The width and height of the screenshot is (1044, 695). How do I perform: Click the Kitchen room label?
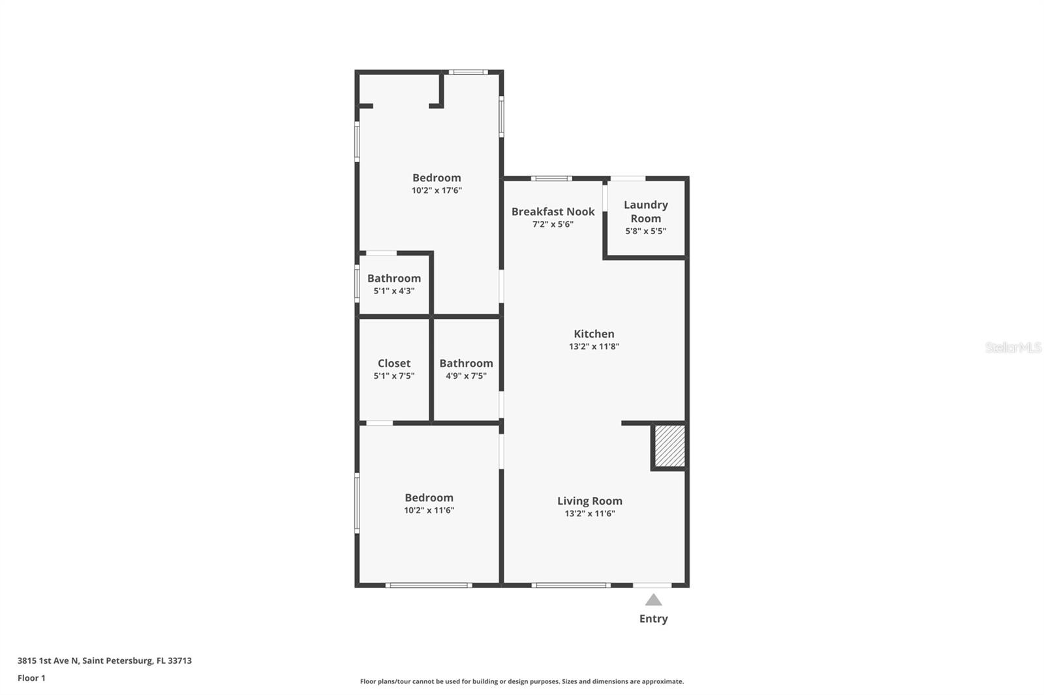click(x=594, y=334)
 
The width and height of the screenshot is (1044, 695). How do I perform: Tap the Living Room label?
click(x=589, y=501)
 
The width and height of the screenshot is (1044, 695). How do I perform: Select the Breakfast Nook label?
click(x=553, y=211)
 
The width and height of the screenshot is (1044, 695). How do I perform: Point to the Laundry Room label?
click(x=645, y=211)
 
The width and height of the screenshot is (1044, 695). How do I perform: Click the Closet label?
click(x=394, y=363)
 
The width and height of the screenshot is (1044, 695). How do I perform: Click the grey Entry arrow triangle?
click(x=653, y=600)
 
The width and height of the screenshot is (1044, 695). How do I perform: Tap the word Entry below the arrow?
click(x=653, y=619)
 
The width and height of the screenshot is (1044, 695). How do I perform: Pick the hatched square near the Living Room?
click(x=669, y=446)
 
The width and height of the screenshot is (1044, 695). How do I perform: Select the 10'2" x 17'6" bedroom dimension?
click(x=437, y=190)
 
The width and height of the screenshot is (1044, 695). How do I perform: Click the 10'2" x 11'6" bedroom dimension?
click(x=429, y=510)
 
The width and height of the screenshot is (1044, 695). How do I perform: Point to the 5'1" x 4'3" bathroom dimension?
click(x=394, y=291)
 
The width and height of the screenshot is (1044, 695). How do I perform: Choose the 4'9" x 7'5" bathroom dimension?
click(x=466, y=376)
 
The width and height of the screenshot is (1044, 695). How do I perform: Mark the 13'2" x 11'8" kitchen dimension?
click(x=594, y=346)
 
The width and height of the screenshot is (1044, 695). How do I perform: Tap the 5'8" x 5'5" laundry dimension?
click(x=645, y=231)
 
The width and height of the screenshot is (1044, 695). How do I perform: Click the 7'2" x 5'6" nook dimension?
click(x=553, y=224)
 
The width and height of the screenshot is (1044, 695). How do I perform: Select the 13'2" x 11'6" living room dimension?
click(x=589, y=513)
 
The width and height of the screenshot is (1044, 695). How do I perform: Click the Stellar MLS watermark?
click(x=1013, y=347)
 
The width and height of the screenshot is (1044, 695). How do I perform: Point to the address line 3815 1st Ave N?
click(x=104, y=660)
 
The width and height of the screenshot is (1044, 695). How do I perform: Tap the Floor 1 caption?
click(x=31, y=678)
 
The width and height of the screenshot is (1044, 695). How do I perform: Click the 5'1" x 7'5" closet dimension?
click(x=394, y=376)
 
